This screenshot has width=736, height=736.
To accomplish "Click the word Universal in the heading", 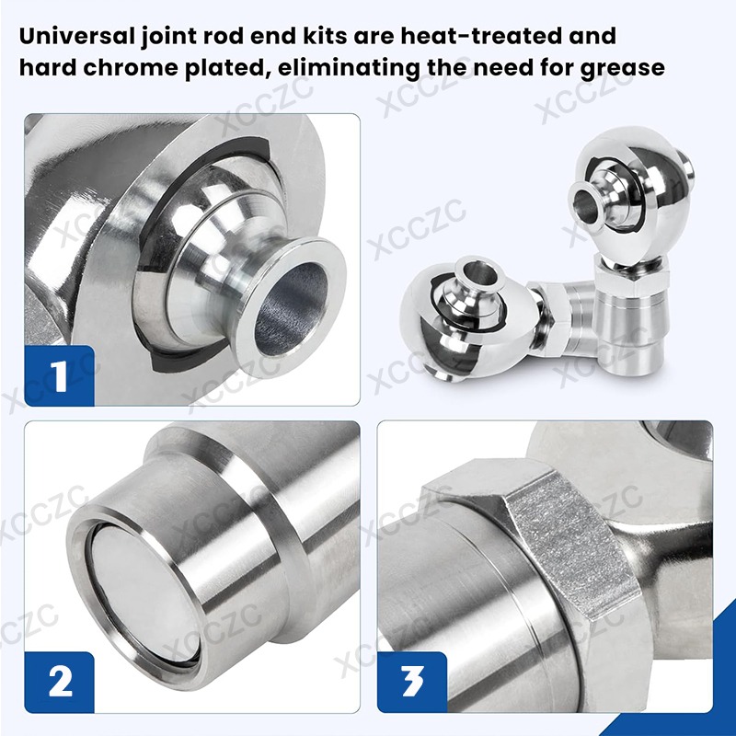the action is tap(77, 36).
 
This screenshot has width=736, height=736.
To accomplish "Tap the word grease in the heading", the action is tap(623, 68).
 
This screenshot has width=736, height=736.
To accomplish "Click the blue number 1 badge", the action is tap(59, 375).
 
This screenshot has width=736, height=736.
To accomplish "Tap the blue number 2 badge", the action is tap(59, 682).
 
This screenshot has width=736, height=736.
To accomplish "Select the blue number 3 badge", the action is tap(412, 682).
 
